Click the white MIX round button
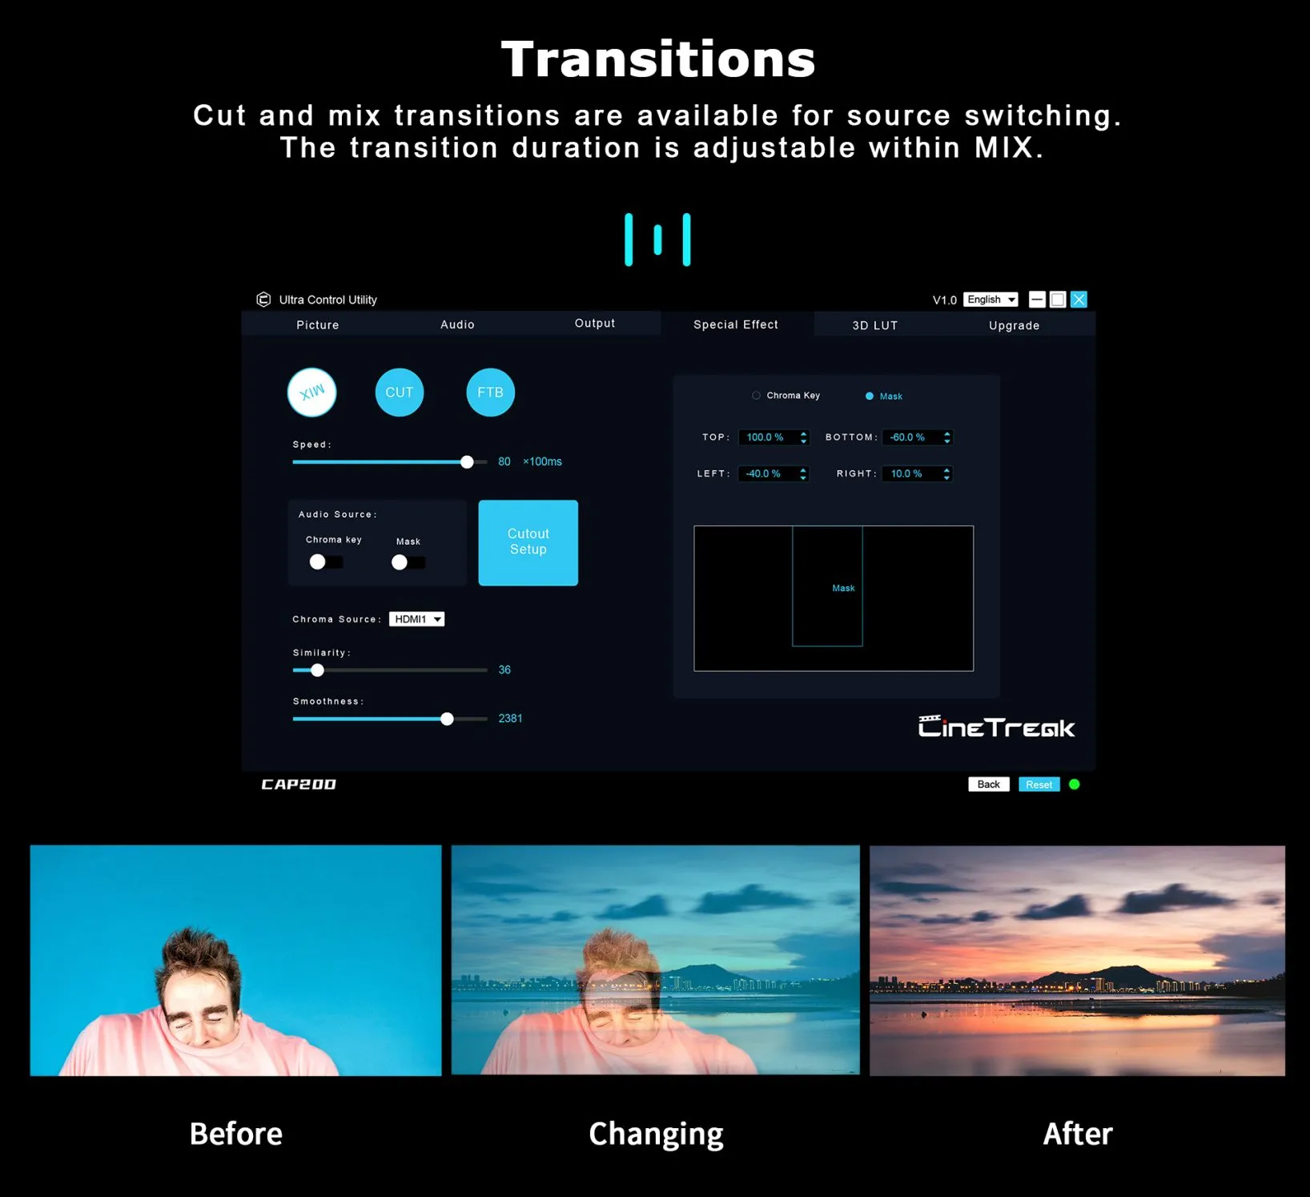(x=311, y=393)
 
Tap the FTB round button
(x=490, y=393)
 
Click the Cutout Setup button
(x=528, y=542)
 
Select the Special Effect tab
(x=736, y=324)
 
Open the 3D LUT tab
(x=875, y=325)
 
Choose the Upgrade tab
(x=1014, y=325)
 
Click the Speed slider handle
(x=467, y=462)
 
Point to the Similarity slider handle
(x=317, y=670)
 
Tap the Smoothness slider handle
(x=447, y=719)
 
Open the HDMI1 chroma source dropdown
(x=416, y=619)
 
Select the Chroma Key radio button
(x=756, y=395)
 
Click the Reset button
(x=1039, y=784)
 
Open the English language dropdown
(x=991, y=299)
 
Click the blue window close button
(x=1079, y=299)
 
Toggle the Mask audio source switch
(x=408, y=562)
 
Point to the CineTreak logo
(x=996, y=727)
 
